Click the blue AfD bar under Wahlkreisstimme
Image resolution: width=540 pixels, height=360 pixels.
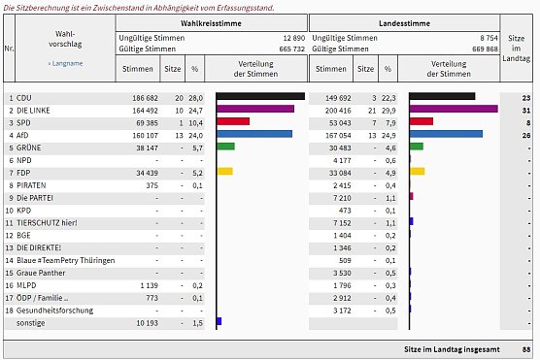tap(253, 134)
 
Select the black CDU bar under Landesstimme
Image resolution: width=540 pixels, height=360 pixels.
tap(442, 97)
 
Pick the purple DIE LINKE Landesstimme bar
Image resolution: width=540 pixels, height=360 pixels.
tap(454, 110)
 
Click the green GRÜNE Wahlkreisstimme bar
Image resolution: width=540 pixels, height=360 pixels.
tap(225, 147)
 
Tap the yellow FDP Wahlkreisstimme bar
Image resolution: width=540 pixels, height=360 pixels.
tap(224, 171)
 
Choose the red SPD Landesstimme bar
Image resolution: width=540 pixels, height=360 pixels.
tap(422, 121)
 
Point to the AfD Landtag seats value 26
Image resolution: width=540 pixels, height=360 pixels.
tap(524, 134)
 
